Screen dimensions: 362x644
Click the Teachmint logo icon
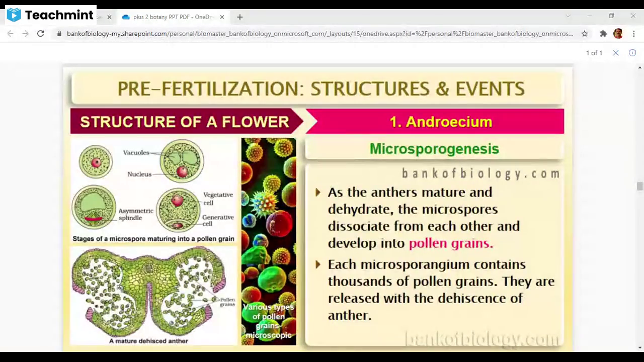click(x=14, y=15)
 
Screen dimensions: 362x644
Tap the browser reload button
click(x=41, y=34)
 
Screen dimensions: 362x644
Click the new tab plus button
click(x=240, y=17)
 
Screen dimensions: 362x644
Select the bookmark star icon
click(x=585, y=34)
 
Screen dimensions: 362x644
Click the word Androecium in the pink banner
click(x=449, y=122)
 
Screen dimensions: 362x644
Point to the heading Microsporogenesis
click(x=434, y=149)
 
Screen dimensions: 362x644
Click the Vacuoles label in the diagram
click(x=136, y=152)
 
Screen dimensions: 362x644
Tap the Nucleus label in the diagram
click(x=139, y=174)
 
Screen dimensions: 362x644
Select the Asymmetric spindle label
click(x=135, y=214)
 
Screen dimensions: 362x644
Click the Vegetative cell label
click(x=218, y=199)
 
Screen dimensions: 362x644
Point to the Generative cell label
click(x=218, y=221)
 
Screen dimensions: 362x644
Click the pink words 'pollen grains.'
click(x=451, y=243)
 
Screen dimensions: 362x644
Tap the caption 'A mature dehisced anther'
click(x=148, y=341)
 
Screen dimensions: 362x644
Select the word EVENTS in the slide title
click(x=490, y=89)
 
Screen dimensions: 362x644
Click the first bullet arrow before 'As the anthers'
click(x=318, y=193)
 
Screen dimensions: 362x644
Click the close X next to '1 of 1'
click(x=615, y=53)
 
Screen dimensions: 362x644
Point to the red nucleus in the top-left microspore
click(x=96, y=162)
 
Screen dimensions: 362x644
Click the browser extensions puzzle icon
click(x=603, y=34)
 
